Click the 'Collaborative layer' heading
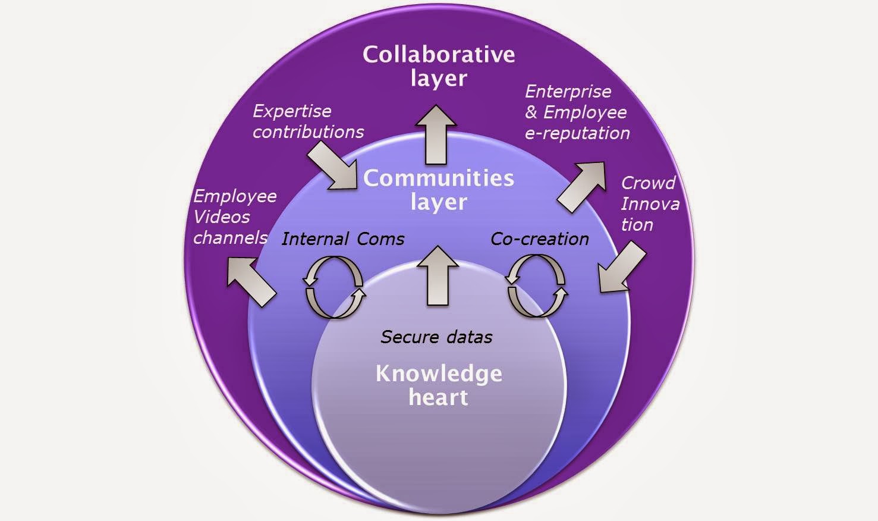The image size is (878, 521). [x=439, y=67]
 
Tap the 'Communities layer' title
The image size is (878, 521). [x=439, y=190]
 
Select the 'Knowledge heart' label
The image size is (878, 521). [x=439, y=385]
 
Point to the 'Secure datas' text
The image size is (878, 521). [x=436, y=337]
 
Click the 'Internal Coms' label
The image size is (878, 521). [x=343, y=238]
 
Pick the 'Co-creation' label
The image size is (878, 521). [x=540, y=238]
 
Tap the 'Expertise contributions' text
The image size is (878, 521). [x=308, y=121]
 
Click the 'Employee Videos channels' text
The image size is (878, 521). [x=235, y=217]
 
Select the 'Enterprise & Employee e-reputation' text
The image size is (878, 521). [x=577, y=112]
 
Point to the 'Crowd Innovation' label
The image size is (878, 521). [x=650, y=204]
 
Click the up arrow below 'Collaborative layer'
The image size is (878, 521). [x=436, y=134]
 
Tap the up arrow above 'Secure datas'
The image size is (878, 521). [x=438, y=275]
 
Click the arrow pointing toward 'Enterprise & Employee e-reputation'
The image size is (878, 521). [x=581, y=187]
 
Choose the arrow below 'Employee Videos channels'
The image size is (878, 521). [x=251, y=282]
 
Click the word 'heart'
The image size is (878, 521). [x=439, y=397]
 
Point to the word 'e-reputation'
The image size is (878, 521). [x=577, y=133]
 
